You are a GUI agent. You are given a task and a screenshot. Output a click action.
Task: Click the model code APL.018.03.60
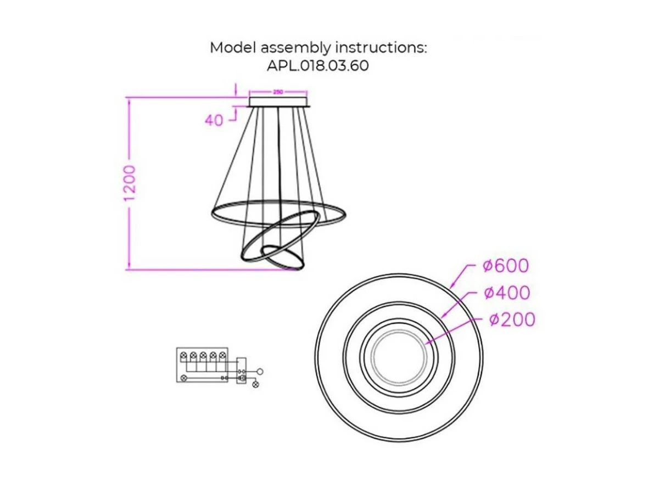(318, 65)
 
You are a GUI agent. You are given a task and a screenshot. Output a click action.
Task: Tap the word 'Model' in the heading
(233, 47)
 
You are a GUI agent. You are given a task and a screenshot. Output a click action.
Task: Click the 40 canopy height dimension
(214, 120)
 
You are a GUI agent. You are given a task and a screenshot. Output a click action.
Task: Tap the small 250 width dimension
(278, 92)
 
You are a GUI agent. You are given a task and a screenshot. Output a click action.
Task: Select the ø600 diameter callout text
(506, 266)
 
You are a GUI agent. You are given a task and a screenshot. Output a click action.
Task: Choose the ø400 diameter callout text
(507, 293)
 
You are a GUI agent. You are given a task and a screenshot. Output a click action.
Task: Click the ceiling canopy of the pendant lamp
(278, 102)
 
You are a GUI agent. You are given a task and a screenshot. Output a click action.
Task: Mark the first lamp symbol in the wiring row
(183, 355)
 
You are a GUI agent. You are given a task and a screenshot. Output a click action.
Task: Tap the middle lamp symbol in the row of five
(203, 355)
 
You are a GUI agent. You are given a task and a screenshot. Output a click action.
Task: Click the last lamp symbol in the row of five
(222, 355)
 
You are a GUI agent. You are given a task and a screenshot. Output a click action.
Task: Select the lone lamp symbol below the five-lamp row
(183, 378)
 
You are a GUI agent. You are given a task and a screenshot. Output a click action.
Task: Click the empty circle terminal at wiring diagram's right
(260, 372)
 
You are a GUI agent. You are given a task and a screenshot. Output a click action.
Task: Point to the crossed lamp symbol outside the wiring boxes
(255, 384)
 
